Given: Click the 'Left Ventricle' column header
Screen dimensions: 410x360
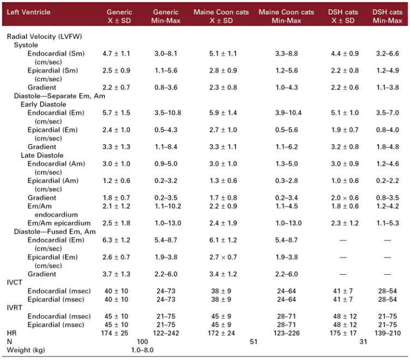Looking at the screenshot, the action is click(28, 12).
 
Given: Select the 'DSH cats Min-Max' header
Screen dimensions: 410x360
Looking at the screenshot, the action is click(387, 16).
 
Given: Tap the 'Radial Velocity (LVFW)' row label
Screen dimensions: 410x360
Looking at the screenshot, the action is click(44, 37).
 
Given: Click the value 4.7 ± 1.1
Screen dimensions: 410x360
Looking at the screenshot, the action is click(116, 54).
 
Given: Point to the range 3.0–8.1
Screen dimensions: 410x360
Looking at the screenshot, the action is click(166, 54).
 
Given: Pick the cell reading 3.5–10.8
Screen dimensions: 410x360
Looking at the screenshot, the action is click(168, 113).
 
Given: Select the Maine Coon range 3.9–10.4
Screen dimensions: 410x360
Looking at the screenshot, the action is click(288, 113).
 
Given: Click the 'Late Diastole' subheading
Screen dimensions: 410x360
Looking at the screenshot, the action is click(42, 155).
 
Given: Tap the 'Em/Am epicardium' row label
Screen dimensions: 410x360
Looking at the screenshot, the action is click(59, 223).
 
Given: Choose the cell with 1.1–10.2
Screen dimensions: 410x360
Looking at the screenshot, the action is click(168, 206).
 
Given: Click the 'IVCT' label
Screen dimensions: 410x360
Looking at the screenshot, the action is click(14, 282).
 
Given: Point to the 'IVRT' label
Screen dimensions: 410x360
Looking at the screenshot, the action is click(14, 308).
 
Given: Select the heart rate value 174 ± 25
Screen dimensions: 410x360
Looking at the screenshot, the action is click(115, 333).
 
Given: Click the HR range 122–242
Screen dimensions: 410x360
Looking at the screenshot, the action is click(166, 333).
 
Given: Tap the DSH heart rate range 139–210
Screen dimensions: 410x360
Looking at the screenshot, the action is click(387, 333).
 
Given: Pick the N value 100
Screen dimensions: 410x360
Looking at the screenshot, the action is click(142, 341).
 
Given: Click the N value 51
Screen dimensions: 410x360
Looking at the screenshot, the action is click(254, 341).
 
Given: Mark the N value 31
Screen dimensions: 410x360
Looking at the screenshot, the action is click(363, 341).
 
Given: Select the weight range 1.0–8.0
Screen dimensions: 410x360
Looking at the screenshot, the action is click(142, 350).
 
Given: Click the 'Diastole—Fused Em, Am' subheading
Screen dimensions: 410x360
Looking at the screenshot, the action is click(55, 232).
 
